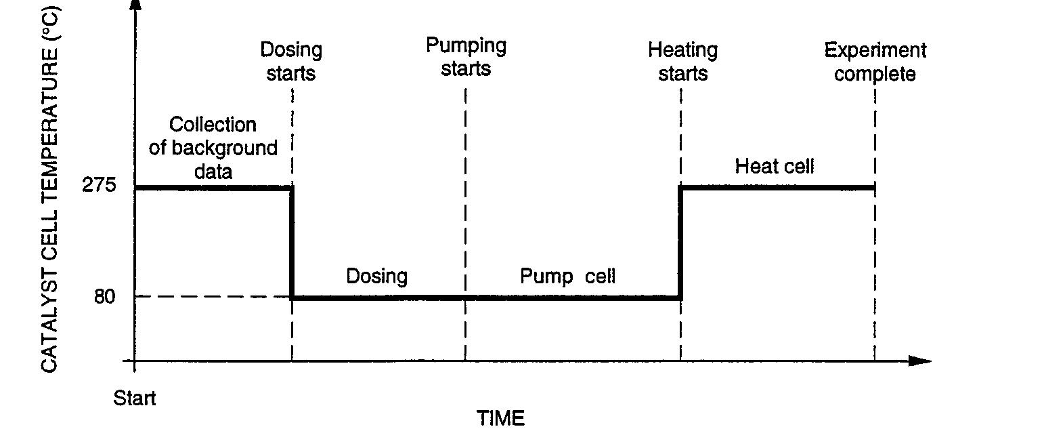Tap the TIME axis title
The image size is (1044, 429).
500,417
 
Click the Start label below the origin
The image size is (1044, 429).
134,397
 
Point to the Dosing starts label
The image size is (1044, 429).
291,61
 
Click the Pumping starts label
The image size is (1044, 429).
466,58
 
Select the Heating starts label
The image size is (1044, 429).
682,61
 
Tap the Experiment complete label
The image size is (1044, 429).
875,61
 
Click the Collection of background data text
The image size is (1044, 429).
213,148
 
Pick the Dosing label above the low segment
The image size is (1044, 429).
377,276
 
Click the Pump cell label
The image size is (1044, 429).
567,276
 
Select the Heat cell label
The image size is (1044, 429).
775,166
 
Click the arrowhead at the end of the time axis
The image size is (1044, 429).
921,361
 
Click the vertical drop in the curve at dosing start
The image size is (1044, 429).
292,243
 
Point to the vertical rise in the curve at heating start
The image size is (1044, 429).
680,243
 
